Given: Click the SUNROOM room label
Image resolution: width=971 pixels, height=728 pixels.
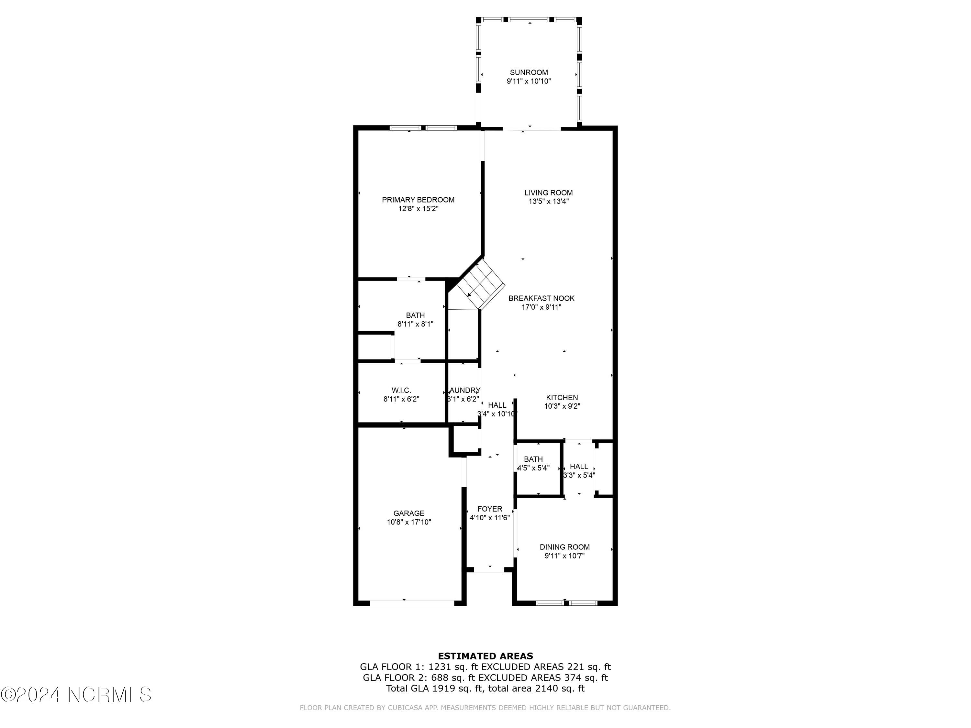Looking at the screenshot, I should [529, 72].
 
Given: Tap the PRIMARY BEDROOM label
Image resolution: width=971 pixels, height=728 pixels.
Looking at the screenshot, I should [418, 200].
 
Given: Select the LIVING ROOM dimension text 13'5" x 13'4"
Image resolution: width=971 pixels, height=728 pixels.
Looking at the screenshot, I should [548, 202].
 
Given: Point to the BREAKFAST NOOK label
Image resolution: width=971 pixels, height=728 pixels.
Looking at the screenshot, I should [541, 298].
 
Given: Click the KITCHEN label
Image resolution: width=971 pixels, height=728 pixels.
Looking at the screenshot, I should [562, 398].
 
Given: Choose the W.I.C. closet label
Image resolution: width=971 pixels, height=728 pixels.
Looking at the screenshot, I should [401, 391].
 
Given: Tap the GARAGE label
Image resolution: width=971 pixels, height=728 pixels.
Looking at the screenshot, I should [409, 513].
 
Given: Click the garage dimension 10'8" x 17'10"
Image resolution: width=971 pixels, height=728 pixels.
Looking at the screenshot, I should [409, 522].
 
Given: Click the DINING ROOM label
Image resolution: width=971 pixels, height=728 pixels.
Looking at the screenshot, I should [564, 547].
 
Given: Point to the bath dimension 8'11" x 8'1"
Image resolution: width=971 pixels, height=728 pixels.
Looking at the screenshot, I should [415, 324].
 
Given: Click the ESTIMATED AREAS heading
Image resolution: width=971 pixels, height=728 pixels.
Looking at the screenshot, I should [485, 656].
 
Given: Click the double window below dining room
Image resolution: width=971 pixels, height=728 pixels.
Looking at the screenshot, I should [566, 603].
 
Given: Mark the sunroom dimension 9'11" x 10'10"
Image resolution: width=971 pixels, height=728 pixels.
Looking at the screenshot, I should [529, 81].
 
